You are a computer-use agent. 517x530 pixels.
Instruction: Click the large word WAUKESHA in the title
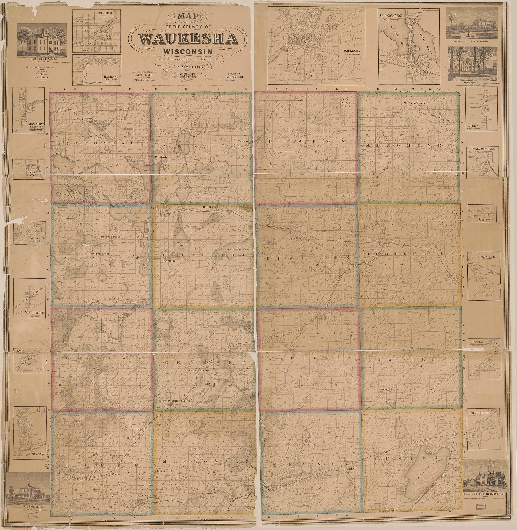tap(188, 39)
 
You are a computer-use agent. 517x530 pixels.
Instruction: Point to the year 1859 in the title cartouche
tap(188, 75)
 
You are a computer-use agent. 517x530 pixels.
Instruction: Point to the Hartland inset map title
tap(111, 77)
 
